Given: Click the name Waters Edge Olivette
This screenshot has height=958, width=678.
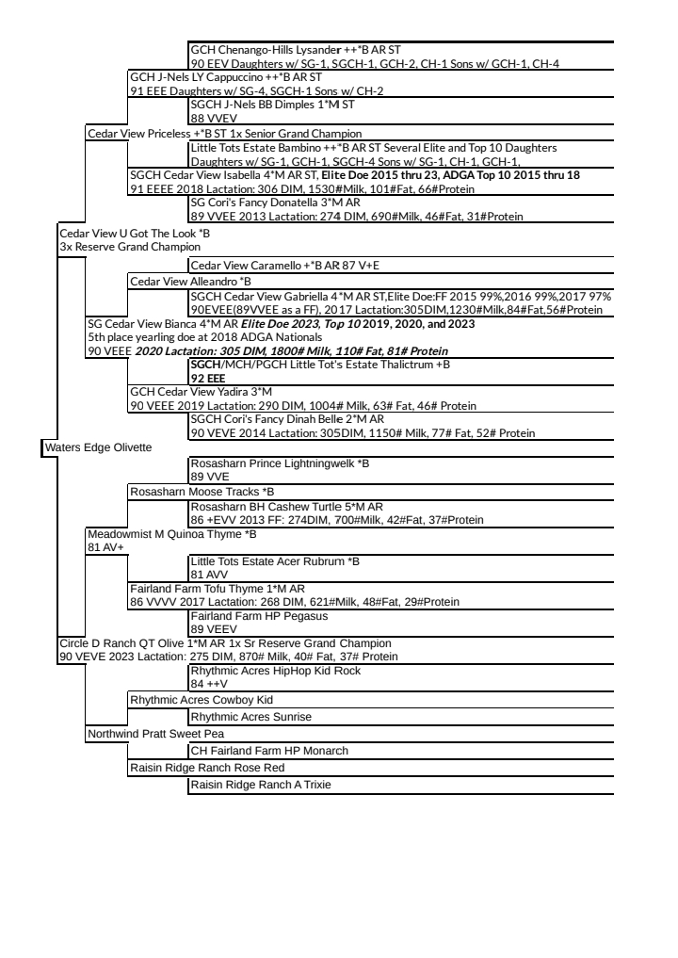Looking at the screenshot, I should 98,447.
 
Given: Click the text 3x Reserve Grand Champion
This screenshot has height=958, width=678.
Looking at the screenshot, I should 123,247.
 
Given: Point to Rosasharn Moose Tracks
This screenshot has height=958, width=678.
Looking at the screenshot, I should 202,492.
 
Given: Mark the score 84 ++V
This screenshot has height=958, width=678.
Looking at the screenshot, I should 205,684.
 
